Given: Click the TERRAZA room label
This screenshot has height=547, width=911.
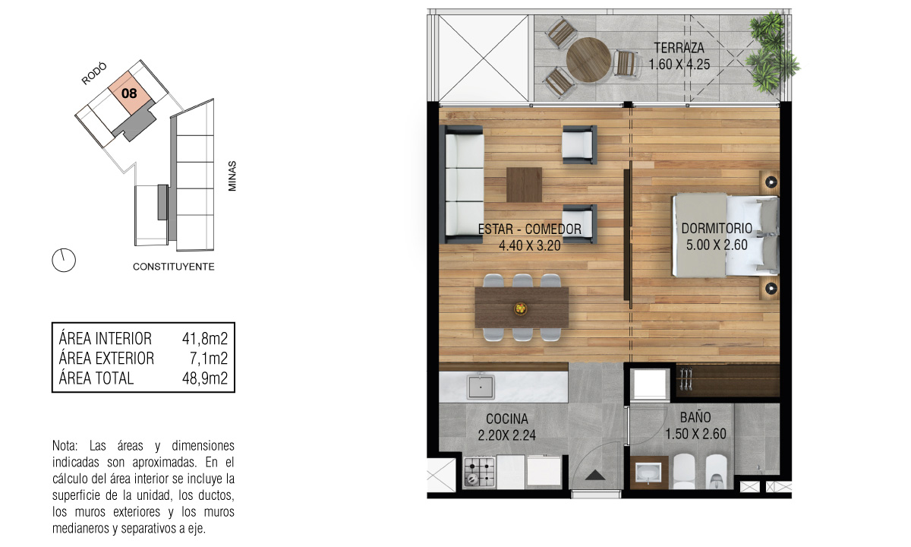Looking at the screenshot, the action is tap(679, 48).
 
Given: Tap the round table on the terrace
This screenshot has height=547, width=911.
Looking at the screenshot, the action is tap(588, 60).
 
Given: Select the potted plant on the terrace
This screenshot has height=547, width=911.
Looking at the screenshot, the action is tap(771, 51).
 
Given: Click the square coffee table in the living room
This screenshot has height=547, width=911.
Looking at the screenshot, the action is tap(524, 185).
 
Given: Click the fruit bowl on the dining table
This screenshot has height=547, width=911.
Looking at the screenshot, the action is tap(521, 308).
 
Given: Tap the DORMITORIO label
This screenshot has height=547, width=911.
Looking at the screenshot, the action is tap(717, 229).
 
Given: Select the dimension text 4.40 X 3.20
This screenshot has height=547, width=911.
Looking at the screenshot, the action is tap(530, 245).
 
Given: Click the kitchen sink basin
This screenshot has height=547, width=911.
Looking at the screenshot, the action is tap(481, 387).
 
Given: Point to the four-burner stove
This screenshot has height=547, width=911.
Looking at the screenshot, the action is tap(480, 472).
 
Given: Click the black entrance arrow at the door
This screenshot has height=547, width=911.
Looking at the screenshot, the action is tap(595, 475).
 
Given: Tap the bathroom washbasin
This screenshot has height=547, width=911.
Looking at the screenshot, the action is tap(649, 473).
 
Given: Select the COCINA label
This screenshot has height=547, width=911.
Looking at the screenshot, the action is tap(507, 419).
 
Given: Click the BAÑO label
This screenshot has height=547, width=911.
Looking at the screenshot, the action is tap(695, 417).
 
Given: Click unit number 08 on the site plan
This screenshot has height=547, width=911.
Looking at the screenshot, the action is tap(129, 93).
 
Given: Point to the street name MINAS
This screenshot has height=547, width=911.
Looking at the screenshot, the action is tap(232, 175).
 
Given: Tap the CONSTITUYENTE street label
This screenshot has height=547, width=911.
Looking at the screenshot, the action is tap(174, 267).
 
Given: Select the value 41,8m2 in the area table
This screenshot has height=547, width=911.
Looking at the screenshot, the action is tap(204, 338).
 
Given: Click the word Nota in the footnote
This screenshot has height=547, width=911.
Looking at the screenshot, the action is tap(65, 446).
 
